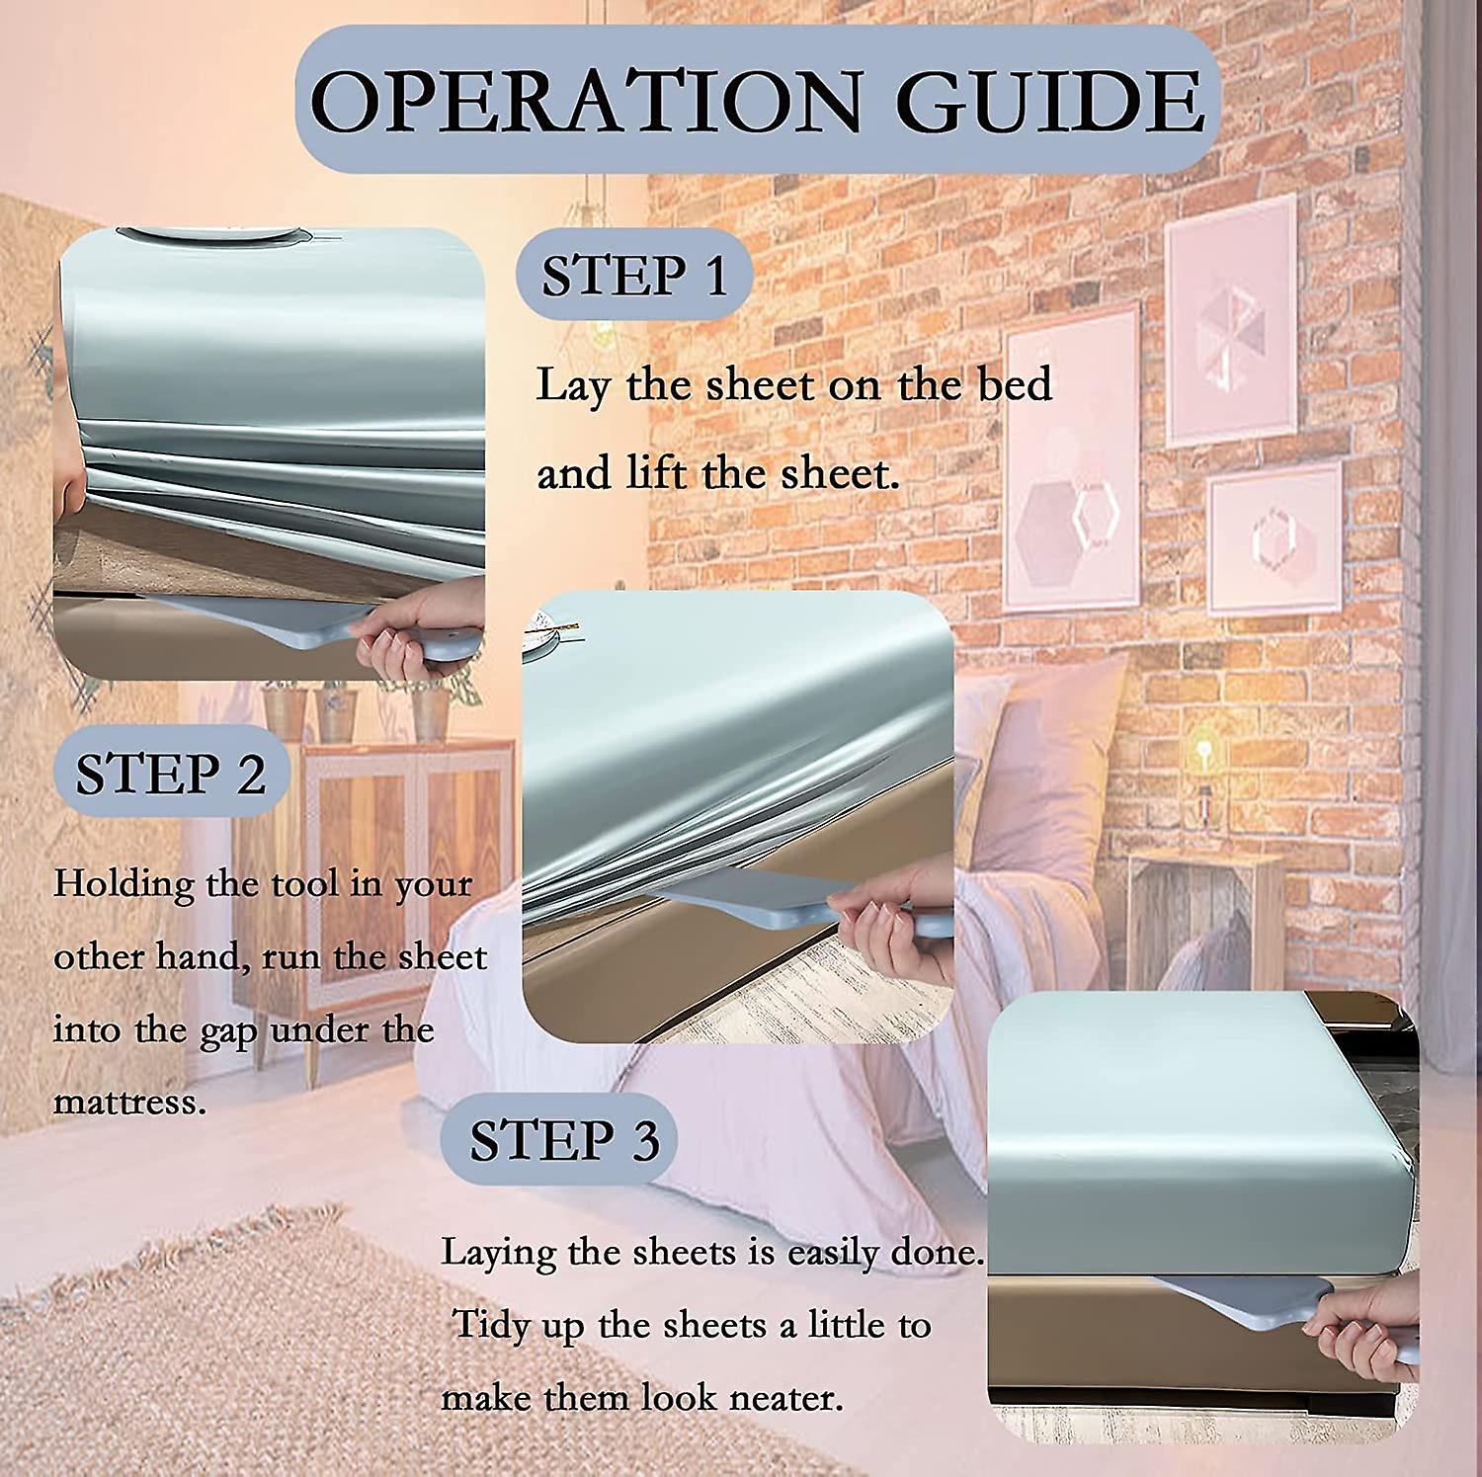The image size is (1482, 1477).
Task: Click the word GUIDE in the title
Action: [x=1049, y=101]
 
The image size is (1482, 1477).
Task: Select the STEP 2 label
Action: [x=170, y=774]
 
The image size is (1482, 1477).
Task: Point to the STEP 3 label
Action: [x=563, y=1141]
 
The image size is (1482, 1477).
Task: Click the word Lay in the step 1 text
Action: [x=572, y=385]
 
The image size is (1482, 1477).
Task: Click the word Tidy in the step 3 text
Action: [x=491, y=1325]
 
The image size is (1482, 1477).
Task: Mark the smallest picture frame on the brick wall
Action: [x=1275, y=538]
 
